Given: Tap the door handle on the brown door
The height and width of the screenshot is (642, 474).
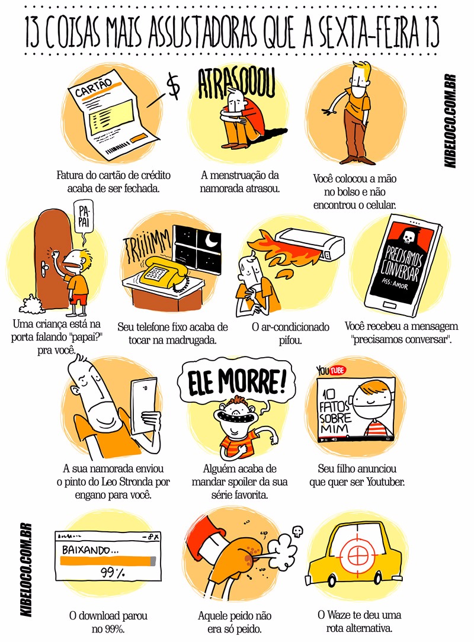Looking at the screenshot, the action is pyautogui.click(x=44, y=269).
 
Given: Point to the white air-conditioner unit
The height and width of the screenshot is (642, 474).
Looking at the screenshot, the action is pyautogui.click(x=310, y=243).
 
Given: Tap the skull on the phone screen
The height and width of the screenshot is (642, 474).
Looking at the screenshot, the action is pyautogui.click(x=408, y=236).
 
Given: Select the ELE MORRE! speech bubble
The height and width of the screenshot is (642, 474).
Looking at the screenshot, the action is pyautogui.click(x=236, y=381).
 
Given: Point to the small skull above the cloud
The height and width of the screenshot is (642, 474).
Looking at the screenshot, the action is pyautogui.click(x=297, y=531).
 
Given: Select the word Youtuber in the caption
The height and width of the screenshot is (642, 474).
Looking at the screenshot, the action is pyautogui.click(x=385, y=481).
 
